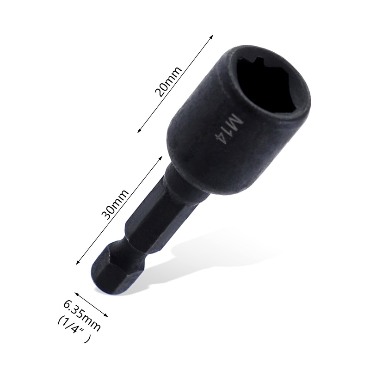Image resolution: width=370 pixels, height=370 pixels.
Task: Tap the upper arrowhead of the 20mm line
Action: pos(212,36)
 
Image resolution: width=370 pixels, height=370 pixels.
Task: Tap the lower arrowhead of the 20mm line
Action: pos(139,131)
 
